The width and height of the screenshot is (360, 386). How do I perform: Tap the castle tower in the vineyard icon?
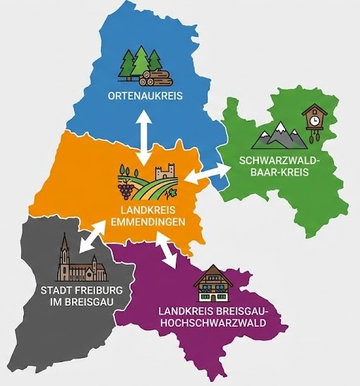(x=167, y=173)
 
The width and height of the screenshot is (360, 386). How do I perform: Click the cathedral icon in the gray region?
(x=80, y=263)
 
